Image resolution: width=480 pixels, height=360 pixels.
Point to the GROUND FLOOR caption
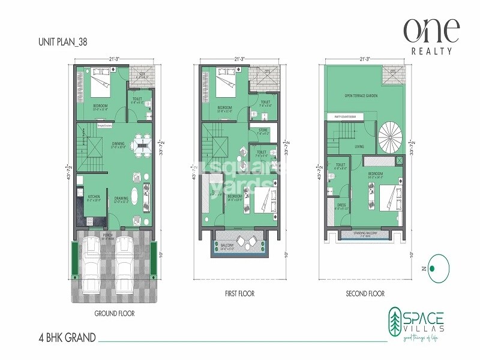pos(114,313)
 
